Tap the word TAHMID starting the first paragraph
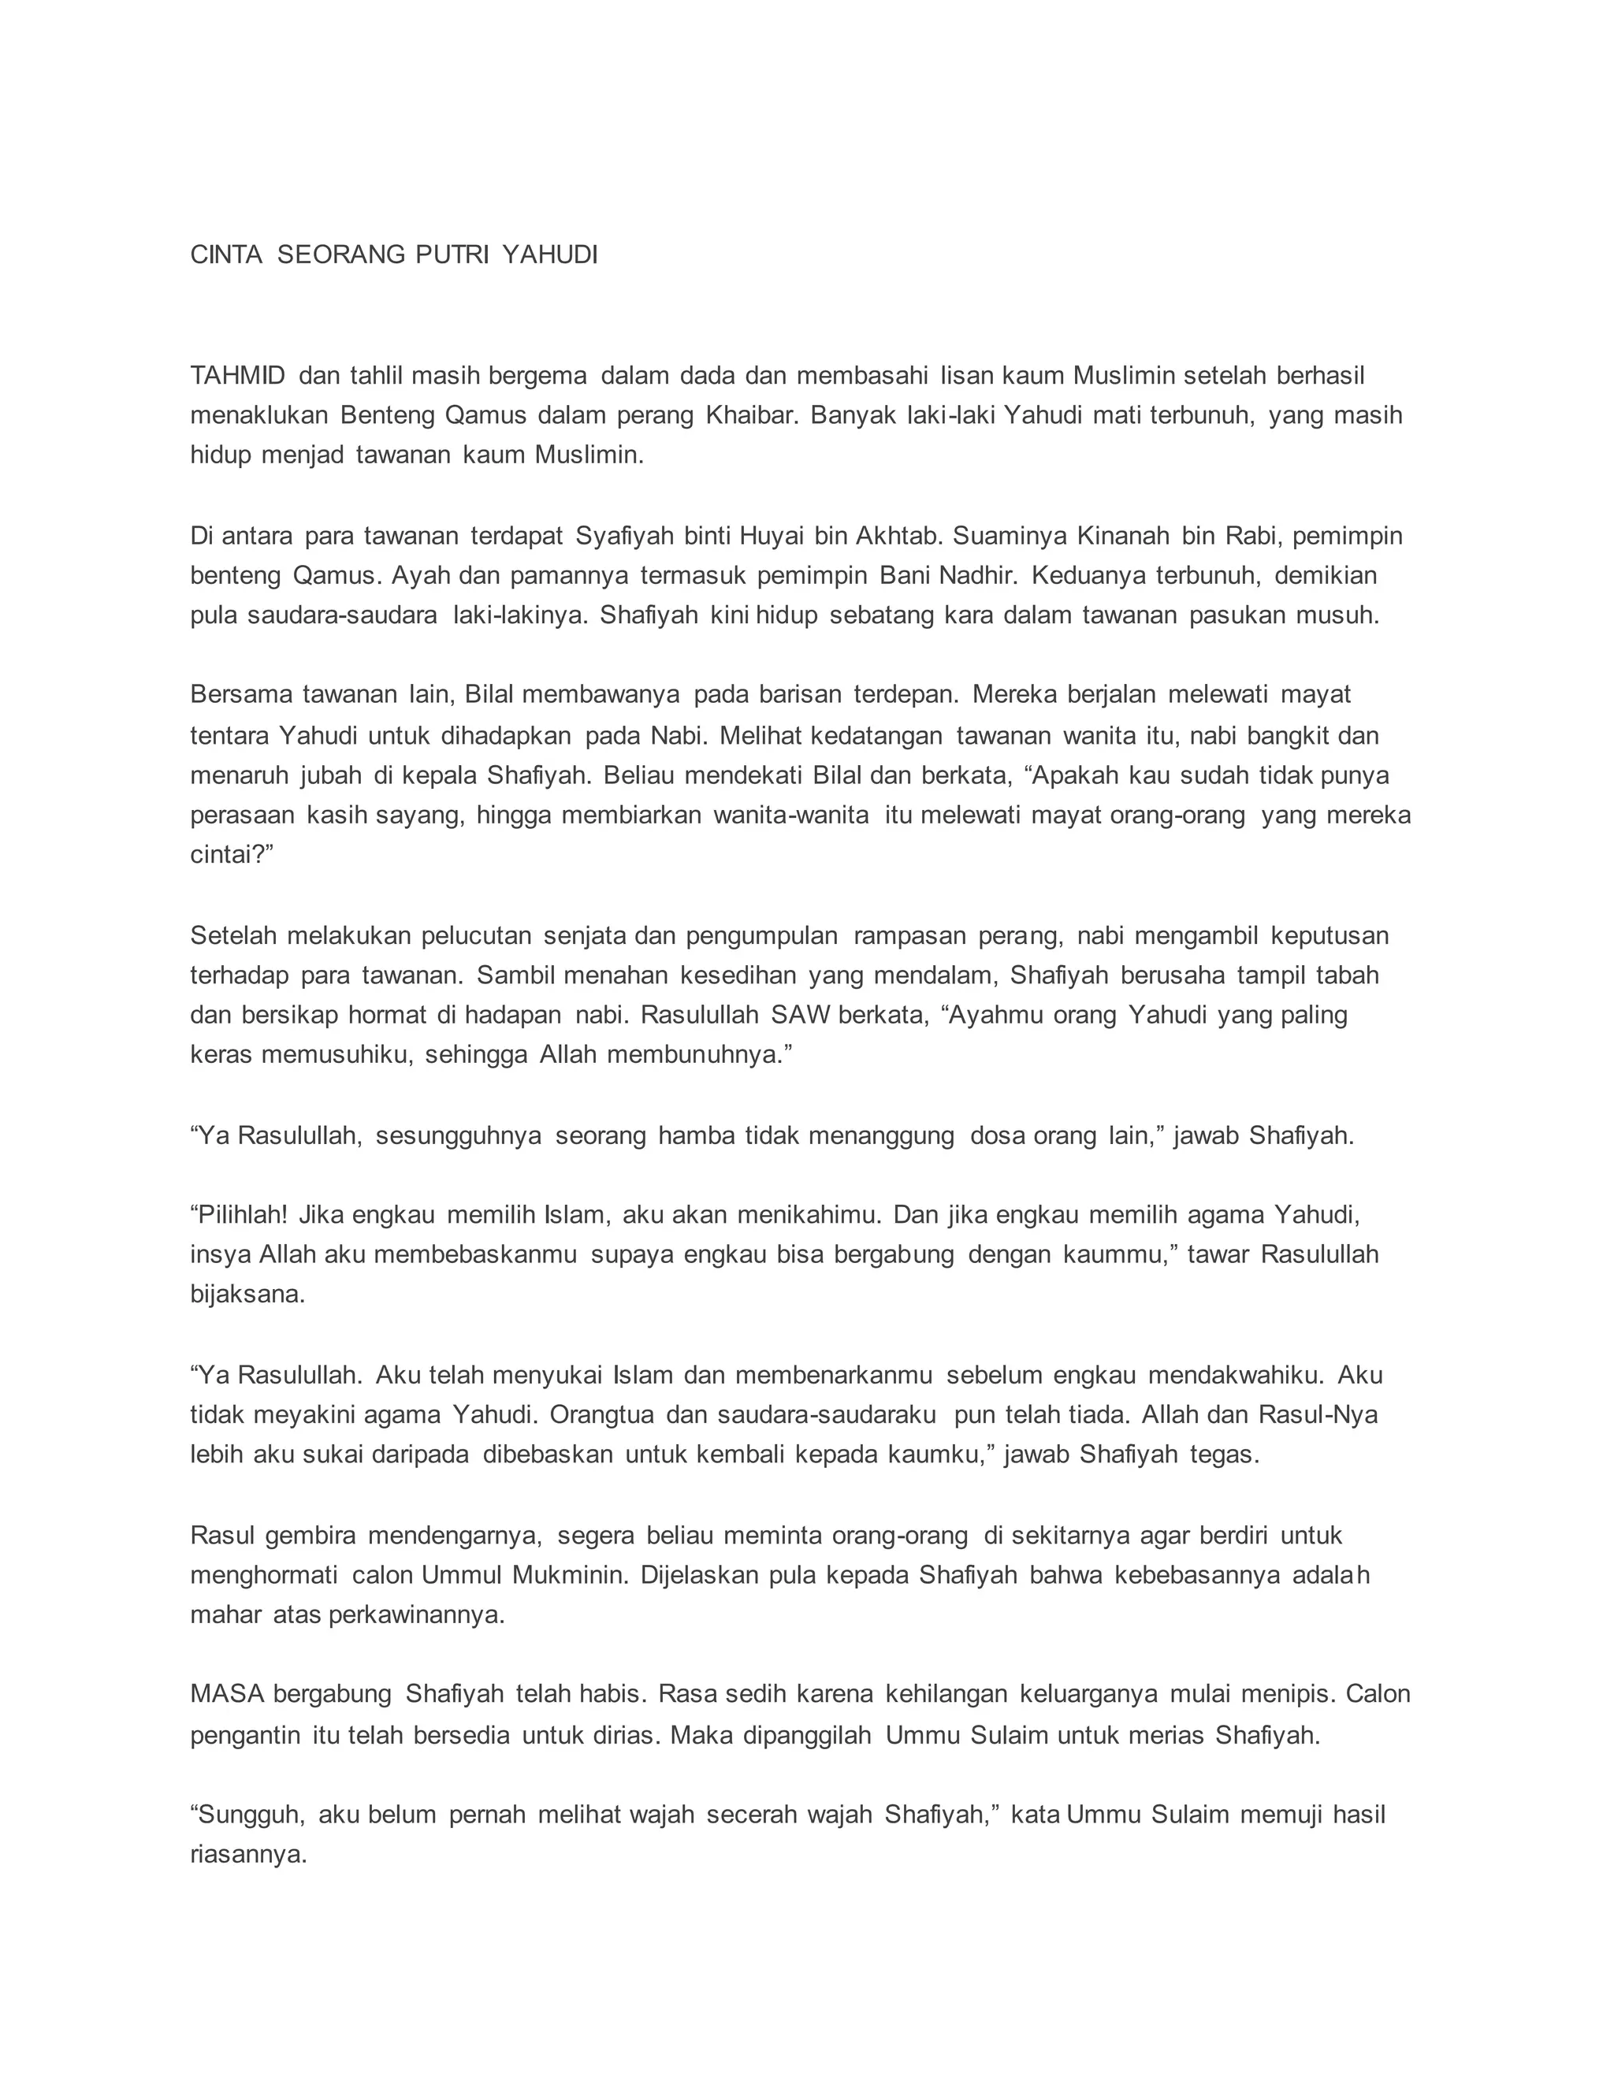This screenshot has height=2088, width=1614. [x=238, y=376]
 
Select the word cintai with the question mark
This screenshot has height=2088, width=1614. [x=232, y=855]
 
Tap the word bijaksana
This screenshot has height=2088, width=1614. [x=247, y=1295]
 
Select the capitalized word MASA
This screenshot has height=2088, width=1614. [x=227, y=1694]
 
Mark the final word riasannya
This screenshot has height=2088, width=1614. [x=248, y=1856]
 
